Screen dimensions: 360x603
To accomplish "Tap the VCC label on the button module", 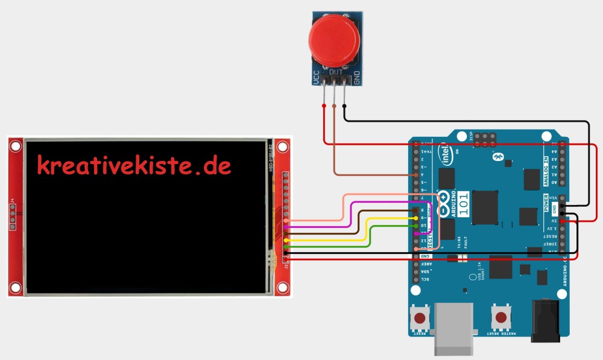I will pos(315,77).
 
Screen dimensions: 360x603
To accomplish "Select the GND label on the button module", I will pos(356,77).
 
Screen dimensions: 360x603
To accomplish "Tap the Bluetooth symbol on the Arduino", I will pos(498,157).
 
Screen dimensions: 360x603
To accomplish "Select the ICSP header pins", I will pos(485,140).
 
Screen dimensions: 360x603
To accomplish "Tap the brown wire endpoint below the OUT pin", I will pos(335,107).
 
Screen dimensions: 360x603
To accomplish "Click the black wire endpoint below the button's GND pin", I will pos(344,107).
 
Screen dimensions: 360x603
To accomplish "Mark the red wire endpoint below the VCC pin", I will pos(324,107).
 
